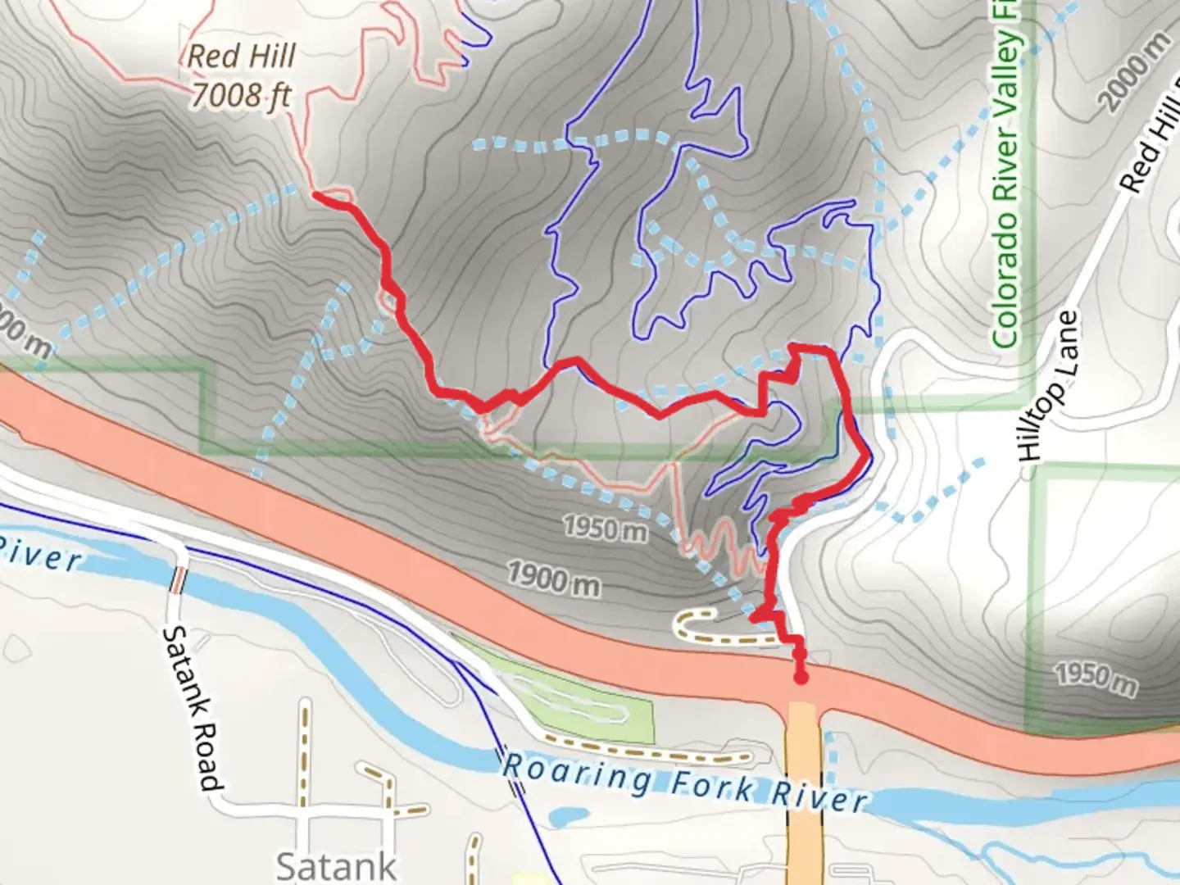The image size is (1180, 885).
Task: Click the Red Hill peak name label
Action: pos(241,56)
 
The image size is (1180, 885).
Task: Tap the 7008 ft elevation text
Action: pos(241,95)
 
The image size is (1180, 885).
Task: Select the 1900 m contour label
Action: pos(553,579)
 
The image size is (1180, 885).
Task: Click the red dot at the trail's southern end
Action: pos(801,677)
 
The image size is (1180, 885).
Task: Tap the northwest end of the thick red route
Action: pos(317,195)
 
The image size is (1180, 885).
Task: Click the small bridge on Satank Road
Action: pos(177,580)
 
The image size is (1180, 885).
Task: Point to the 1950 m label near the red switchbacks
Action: pos(605,529)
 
